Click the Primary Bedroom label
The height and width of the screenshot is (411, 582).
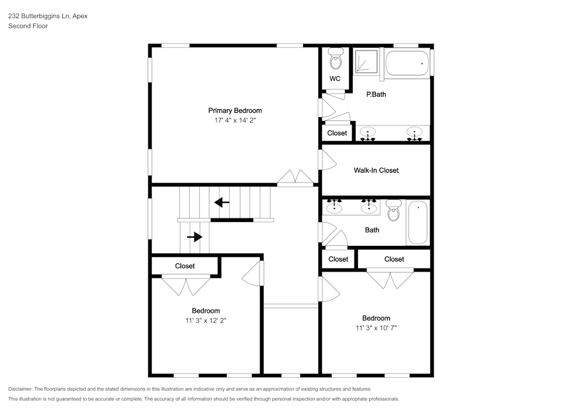235,110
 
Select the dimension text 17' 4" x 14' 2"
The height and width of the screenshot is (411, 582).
235,121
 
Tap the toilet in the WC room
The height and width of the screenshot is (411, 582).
335,59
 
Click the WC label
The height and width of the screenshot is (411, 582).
335,79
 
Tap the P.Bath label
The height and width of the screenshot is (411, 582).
376,94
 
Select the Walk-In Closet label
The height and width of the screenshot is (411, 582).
376,170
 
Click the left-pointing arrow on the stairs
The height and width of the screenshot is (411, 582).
222,202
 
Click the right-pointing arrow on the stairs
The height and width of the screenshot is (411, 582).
194,237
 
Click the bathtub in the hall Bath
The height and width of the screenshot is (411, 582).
418,223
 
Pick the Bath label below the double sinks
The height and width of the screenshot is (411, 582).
372,230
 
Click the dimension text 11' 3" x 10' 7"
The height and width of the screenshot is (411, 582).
376,328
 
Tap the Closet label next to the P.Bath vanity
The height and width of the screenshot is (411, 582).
337,133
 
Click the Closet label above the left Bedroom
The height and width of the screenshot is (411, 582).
185,266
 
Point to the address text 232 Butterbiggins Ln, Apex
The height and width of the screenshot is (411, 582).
48,16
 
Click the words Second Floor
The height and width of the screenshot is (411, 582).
28,26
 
